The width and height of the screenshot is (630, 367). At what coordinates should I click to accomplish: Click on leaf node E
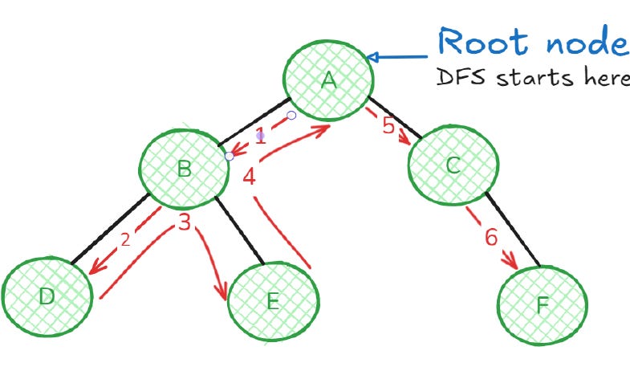(273, 301)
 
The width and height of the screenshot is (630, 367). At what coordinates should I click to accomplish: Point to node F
(543, 304)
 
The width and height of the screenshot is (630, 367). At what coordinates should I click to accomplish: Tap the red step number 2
(125, 239)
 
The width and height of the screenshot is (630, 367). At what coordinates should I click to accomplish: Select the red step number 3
(185, 222)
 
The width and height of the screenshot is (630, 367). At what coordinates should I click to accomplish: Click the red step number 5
(388, 126)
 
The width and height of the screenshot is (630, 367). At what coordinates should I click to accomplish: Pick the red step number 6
(491, 237)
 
